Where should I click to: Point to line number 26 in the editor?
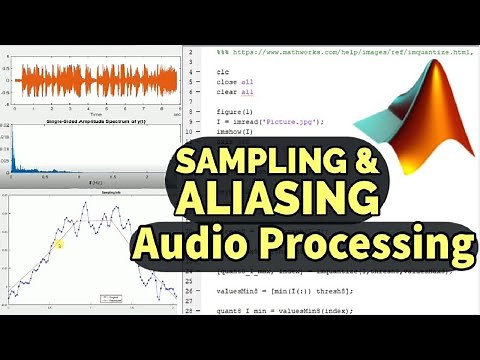pyautogui.click(x=187, y=291)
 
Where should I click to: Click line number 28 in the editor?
pyautogui.click(x=187, y=312)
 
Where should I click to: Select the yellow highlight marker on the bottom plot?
pyautogui.click(x=59, y=243)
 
